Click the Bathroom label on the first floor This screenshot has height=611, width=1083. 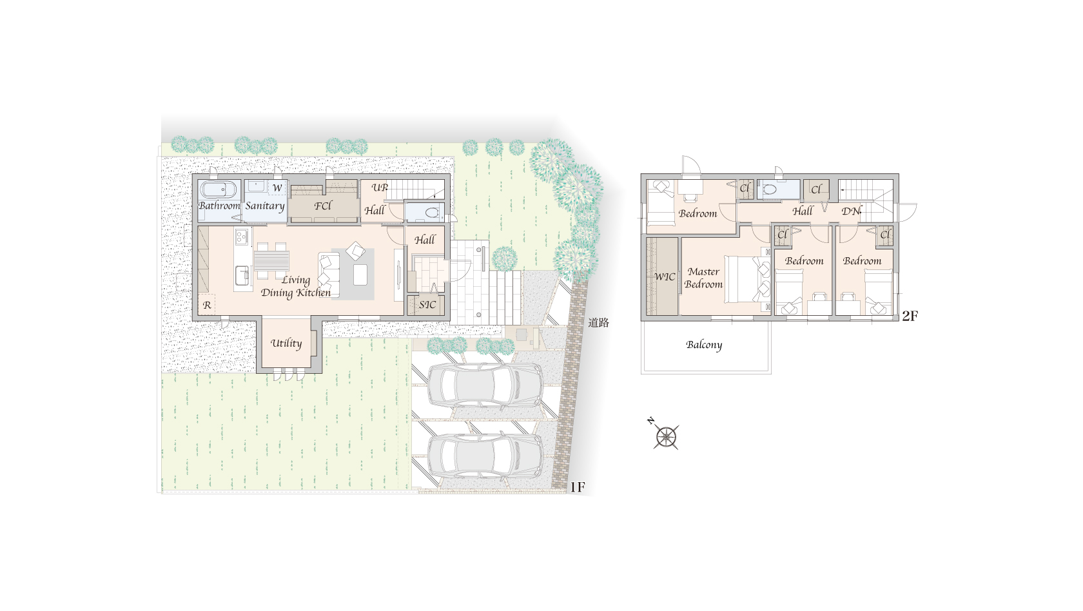pos(219,206)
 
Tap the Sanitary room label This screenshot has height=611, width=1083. pos(265,206)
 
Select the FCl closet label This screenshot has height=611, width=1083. pos(323,206)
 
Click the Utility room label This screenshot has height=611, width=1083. pos(286,343)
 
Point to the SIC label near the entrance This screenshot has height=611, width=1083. pos(427,305)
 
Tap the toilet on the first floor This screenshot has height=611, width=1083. pos(432,212)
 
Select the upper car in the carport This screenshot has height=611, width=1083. pos(485,385)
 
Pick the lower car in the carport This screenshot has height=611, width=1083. pos(485,456)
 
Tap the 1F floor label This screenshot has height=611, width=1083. pos(578,487)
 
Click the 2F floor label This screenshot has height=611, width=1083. pos(910,316)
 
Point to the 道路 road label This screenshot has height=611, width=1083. pos(598,323)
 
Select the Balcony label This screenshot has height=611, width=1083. pos(704,345)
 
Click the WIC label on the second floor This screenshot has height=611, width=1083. pos(665,277)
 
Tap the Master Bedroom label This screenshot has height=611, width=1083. pos(703,278)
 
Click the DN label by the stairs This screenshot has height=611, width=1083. pos(852,211)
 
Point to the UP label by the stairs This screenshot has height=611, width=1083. pos(380,188)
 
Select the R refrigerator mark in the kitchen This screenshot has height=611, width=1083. pos(207,305)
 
